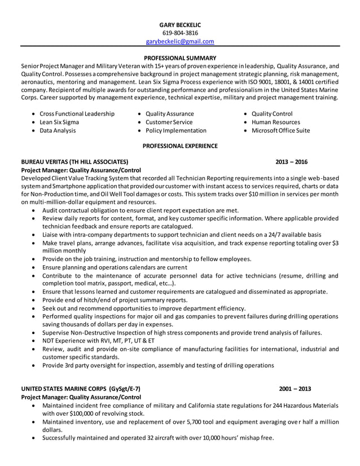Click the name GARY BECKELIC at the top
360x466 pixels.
pos(179,25)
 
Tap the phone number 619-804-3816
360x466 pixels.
pos(179,33)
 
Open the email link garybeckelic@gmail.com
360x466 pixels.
pos(180,41)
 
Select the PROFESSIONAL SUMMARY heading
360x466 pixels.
pos(180,58)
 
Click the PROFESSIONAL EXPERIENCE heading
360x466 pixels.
pos(180,146)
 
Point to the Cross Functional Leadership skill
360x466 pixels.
pos(77,113)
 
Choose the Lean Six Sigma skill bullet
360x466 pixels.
pos(59,122)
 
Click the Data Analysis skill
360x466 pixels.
pos(58,130)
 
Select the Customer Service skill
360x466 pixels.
pos(169,122)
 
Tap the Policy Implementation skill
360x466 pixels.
pos(175,130)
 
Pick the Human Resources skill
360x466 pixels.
pos(275,122)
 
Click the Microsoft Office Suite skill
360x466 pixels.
pos(280,130)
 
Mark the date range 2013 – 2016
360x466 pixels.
pos(292,162)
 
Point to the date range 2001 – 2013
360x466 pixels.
pos(295,389)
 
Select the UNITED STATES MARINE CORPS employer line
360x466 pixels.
pos(80,389)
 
